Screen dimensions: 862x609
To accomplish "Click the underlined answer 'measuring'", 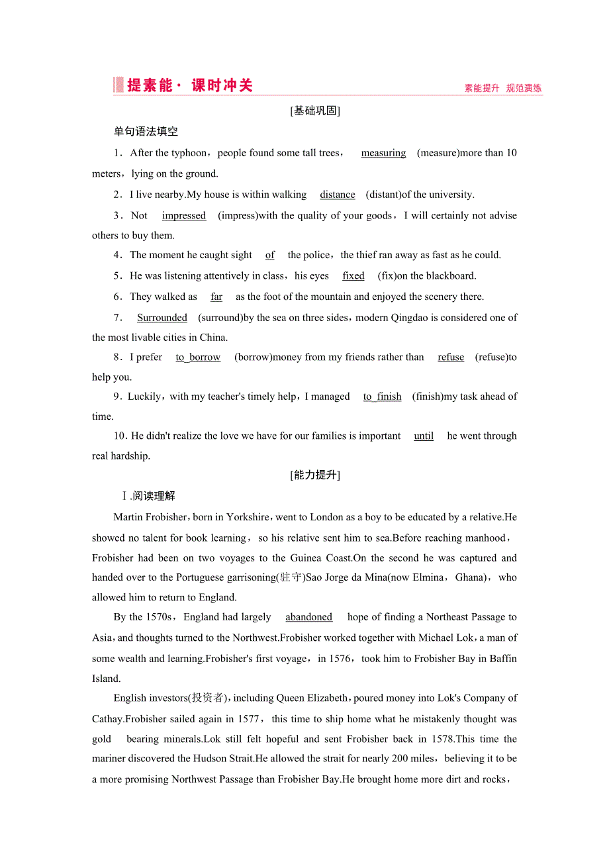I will pos(383,153).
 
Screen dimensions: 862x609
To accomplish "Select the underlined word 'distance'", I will pos(338,195).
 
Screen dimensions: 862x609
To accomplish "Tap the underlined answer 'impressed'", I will pos(184,216).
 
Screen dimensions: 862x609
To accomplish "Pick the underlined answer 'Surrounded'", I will pos(162,318).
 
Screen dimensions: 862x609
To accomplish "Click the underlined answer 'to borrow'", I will pos(198,358).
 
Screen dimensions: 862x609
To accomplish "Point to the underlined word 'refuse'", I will pos(451,358).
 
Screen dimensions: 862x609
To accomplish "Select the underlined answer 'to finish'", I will pos(382,397).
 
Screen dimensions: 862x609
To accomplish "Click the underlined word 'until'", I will pos(424,436).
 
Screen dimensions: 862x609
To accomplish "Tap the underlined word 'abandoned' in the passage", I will pos(308,617).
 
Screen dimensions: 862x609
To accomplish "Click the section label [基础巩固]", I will pos(316,111).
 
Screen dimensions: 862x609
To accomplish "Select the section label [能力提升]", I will pos(316,475).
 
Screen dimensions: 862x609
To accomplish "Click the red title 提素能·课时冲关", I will pos(189,85).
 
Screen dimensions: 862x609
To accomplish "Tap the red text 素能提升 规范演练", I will pos(502,88).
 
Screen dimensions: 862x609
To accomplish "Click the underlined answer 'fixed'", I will pos(353,276).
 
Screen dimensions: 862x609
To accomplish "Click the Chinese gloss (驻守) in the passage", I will pos(289,577).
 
